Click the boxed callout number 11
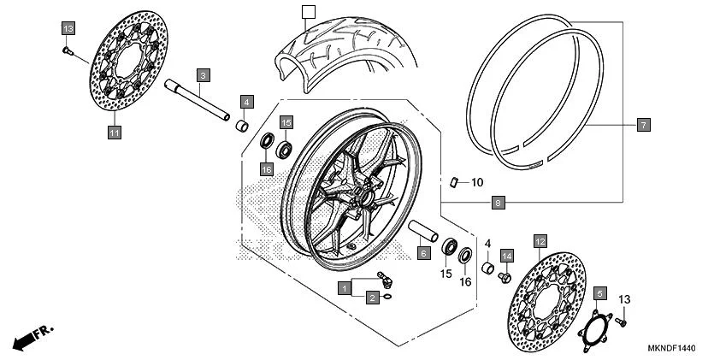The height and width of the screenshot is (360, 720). pos(114,132)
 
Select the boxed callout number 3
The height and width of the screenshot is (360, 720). pos(203,74)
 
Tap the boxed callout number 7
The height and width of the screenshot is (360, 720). pos(643,125)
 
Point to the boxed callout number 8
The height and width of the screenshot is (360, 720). pos(497,203)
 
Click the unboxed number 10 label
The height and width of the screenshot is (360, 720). pos(476,182)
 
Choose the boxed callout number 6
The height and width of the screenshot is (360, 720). pos(422,253)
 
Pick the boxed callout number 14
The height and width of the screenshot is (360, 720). pos(506,256)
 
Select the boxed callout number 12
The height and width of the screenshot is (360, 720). pos(540,242)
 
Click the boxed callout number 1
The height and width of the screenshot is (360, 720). pos(343,288)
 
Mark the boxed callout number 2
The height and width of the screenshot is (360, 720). pos(372,298)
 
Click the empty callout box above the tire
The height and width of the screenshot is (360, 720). pos(309,11)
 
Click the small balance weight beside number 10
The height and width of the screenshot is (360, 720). pos(456,181)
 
